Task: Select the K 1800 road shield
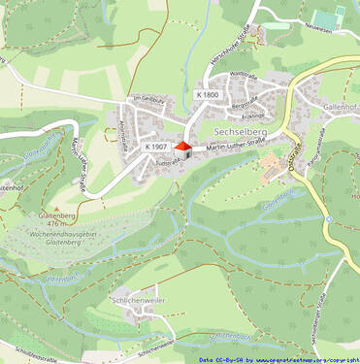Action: (x=207, y=95)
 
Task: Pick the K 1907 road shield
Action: (x=155, y=147)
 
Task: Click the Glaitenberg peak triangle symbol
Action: (x=55, y=208)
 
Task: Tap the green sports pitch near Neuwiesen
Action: (x=326, y=17)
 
